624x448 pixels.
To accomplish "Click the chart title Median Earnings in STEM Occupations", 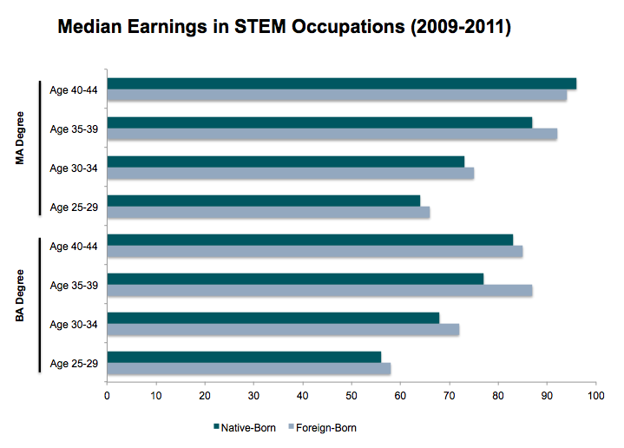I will [284, 28].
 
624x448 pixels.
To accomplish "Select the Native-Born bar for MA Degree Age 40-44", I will [341, 83].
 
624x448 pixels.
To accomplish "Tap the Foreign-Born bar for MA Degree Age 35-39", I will [332, 135].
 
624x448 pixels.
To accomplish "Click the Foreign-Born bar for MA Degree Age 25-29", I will [267, 213].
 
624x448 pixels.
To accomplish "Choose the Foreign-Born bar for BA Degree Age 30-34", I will [282, 330].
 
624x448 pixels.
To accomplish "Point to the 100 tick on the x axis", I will [595, 397].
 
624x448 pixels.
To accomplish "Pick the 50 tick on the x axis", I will [351, 397].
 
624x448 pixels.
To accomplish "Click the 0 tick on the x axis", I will [107, 397].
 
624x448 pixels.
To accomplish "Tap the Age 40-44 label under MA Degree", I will [73, 90].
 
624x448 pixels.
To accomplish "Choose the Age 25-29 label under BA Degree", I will [73, 363].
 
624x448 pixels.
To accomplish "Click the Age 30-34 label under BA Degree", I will [73, 324].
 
